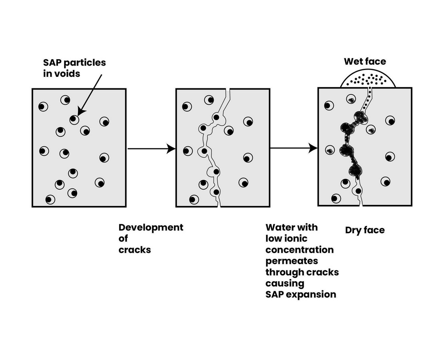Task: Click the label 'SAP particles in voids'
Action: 74,68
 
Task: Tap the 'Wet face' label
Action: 365,62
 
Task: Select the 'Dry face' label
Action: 365,230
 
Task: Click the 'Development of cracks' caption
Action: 151,238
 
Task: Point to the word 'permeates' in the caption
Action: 292,260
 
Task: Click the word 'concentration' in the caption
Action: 300,250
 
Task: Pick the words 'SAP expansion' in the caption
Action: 301,294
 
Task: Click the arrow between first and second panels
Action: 152,148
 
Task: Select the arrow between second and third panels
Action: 294,148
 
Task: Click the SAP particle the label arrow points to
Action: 74,120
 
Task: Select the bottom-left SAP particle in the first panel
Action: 50,200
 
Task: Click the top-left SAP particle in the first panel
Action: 43,106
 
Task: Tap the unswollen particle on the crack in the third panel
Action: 358,191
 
